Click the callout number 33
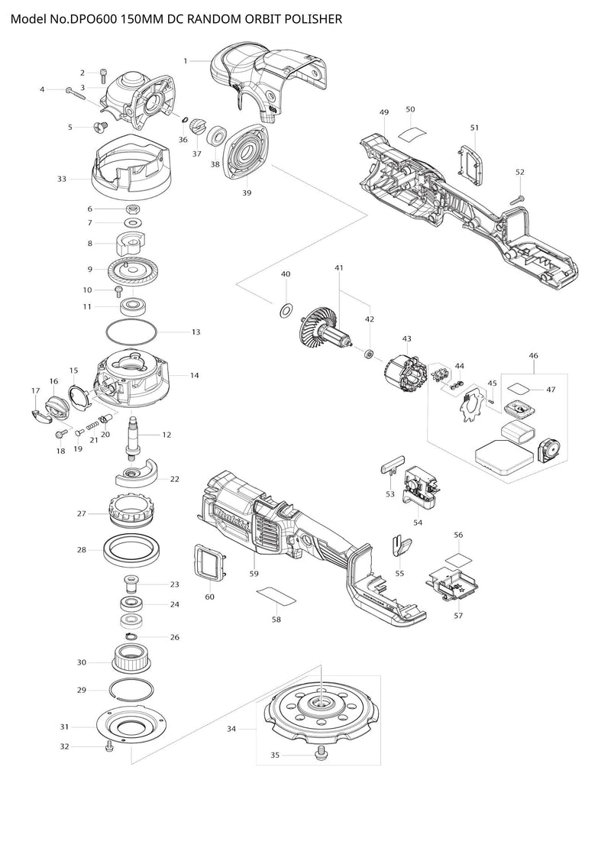point(62,179)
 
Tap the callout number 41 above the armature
point(339,268)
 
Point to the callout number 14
point(195,375)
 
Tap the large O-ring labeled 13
point(131,332)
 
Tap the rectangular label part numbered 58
point(275,595)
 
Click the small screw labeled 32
point(108,745)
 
